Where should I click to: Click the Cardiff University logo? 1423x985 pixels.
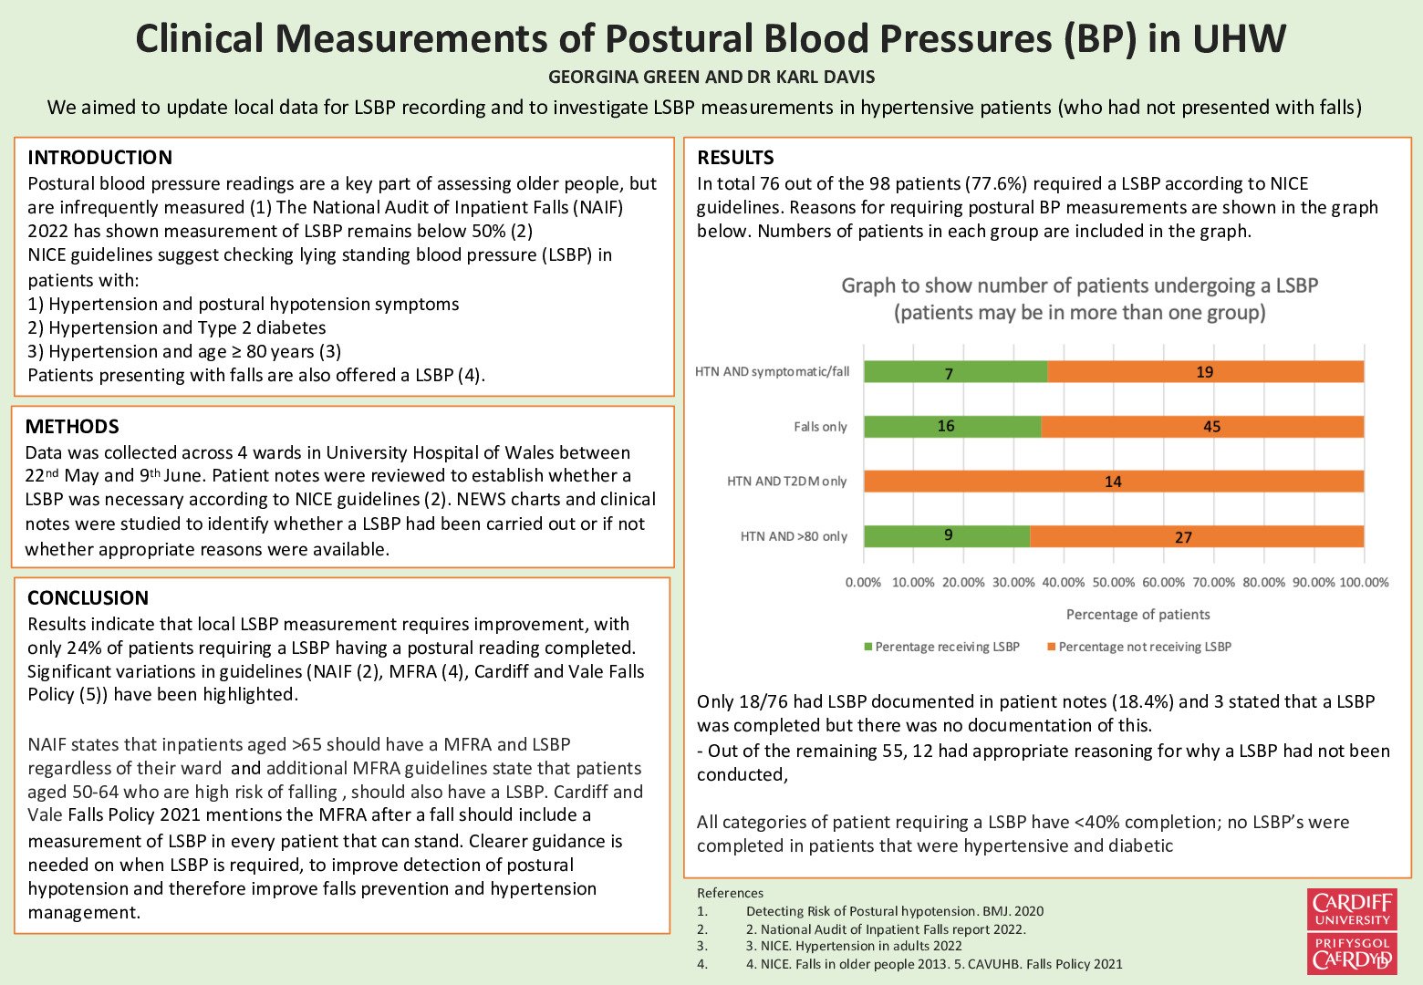pyautogui.click(x=1351, y=931)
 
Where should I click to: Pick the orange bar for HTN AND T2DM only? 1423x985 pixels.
pyautogui.click(x=1114, y=482)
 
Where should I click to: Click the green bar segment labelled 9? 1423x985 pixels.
pyautogui.click(x=947, y=536)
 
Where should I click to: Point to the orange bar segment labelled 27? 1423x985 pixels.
pyautogui.click(x=1196, y=537)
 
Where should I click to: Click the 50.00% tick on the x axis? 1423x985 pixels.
pyautogui.click(x=1114, y=583)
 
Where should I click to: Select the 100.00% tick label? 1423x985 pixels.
pyautogui.click(x=1364, y=583)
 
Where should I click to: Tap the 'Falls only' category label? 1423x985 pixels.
pyautogui.click(x=820, y=427)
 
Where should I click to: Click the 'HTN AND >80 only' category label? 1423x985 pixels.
pyautogui.click(x=794, y=537)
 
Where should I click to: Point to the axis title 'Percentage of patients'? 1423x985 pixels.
pyautogui.click(x=1137, y=615)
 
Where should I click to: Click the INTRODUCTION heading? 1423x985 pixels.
pyautogui.click(x=99, y=158)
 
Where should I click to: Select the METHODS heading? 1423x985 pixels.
pyautogui.click(x=72, y=427)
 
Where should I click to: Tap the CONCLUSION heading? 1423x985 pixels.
pyautogui.click(x=88, y=598)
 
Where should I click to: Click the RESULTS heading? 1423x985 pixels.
pyautogui.click(x=735, y=158)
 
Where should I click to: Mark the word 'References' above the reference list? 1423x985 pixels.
pyautogui.click(x=730, y=893)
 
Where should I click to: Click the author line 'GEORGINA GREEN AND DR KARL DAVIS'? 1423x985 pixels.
pyautogui.click(x=711, y=78)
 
